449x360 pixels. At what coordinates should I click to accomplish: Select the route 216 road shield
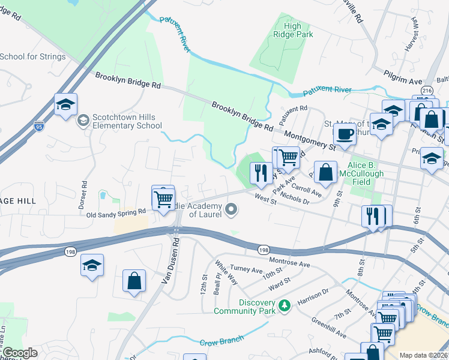(426, 91)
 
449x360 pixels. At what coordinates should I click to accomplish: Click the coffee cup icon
(345, 134)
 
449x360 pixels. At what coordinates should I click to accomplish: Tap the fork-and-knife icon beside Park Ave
(261, 173)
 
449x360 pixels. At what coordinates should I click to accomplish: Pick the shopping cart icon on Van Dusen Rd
(163, 199)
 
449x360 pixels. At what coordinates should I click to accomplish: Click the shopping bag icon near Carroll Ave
(325, 172)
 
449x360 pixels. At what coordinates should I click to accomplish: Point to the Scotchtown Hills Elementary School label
(124, 121)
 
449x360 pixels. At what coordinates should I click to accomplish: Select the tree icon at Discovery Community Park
(284, 307)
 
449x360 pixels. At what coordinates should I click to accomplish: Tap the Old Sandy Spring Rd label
(116, 212)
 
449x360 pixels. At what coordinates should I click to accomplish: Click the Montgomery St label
(309, 140)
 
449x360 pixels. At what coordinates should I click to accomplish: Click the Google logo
(20, 353)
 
